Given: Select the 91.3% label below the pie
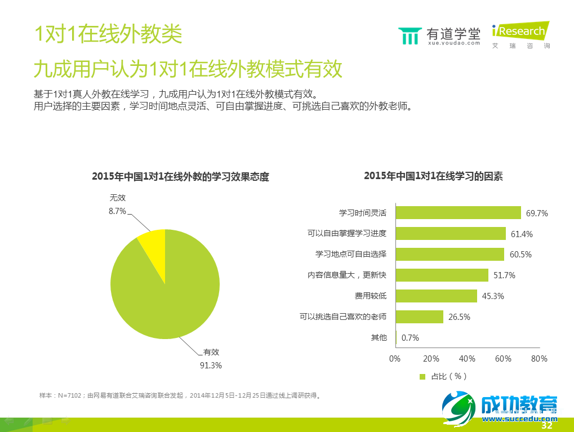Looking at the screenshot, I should [211, 365].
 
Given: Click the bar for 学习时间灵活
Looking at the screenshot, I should [458, 212].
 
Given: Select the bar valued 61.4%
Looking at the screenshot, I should [451, 233].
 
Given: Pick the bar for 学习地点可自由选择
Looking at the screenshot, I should [450, 254].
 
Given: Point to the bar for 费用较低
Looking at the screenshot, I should [436, 296].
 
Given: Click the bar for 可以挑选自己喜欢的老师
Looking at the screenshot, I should [419, 317].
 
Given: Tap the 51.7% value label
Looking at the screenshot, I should [504, 275].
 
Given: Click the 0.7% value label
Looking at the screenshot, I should [410, 338].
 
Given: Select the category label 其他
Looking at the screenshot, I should [379, 337].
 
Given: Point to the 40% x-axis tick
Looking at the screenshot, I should [467, 359].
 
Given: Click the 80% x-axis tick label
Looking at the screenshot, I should [539, 359].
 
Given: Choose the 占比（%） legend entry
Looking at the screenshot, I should [443, 376].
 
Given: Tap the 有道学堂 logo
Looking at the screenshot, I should [439, 35].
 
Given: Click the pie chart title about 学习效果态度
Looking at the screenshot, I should [180, 177].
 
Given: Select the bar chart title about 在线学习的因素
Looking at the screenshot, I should [433, 176].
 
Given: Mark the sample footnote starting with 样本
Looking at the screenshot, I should [180, 395].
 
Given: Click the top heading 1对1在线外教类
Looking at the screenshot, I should [108, 34].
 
